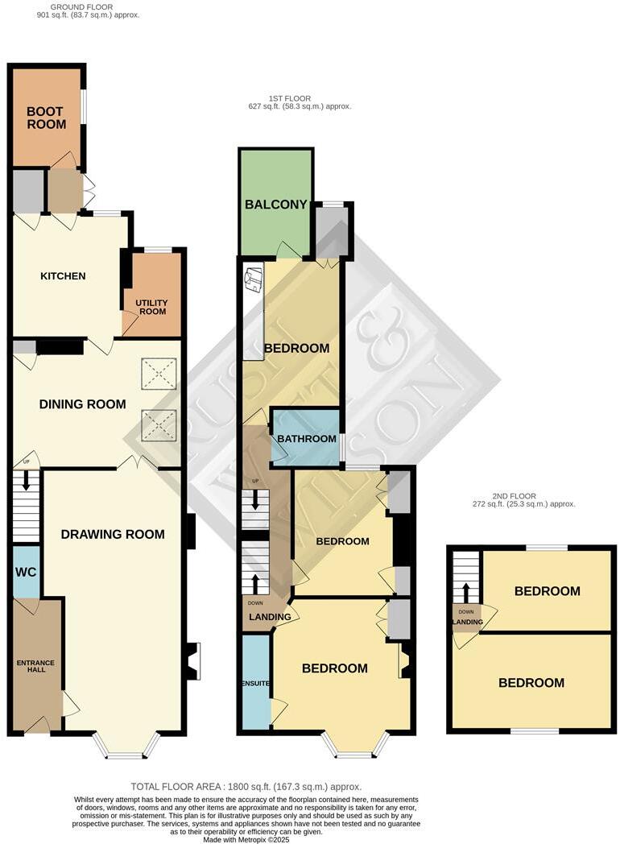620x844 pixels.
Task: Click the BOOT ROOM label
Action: pos(47,118)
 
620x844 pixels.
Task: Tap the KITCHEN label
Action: pos(63,276)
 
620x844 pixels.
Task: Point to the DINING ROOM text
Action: pos(83,404)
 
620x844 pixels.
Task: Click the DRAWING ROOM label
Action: pos(113,534)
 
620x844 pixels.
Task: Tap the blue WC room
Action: pos(26,572)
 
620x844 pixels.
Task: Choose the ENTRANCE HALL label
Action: pos(36,668)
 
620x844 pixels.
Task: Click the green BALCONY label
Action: pos(276,205)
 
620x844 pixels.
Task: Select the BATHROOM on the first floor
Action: pos(307,439)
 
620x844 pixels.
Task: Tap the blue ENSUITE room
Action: pos(256,683)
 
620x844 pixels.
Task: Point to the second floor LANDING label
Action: pos(467,622)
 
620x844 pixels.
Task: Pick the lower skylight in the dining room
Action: pos(158,423)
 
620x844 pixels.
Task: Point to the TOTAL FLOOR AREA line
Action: pos(246,786)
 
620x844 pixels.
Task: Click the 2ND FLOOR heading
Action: pos(513,496)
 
